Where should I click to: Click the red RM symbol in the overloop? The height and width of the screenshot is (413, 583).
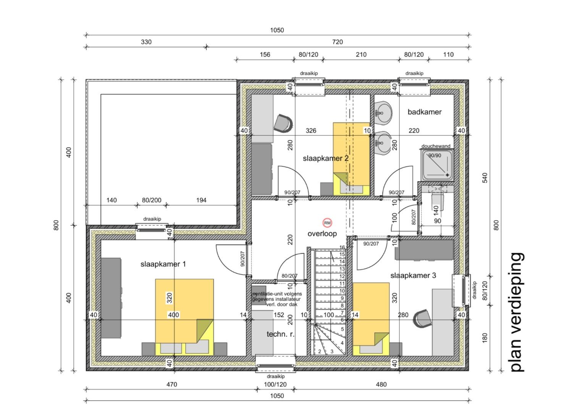[x=327, y=223]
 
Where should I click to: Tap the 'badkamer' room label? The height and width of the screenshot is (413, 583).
[x=424, y=112]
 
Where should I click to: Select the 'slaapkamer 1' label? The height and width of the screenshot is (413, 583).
[x=163, y=264]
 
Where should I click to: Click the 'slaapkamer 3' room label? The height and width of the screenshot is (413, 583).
[x=413, y=276]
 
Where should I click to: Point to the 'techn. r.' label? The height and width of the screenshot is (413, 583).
[x=280, y=334]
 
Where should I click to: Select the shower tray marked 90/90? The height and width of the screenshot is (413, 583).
[x=437, y=164]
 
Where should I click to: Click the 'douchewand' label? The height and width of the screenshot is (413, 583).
[x=436, y=146]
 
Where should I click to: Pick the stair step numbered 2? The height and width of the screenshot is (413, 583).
[x=320, y=351]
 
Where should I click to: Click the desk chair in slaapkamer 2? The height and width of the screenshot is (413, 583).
[x=284, y=123]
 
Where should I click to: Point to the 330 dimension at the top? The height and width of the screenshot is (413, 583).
[x=146, y=42]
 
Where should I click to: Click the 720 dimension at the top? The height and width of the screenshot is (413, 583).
[x=338, y=42]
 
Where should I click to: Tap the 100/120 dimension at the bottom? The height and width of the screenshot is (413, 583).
[x=275, y=384]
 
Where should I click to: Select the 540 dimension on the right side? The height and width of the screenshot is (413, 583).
[x=485, y=178]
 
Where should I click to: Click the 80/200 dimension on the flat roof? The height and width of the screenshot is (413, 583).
[x=152, y=200]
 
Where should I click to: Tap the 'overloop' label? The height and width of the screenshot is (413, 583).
[x=322, y=234]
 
